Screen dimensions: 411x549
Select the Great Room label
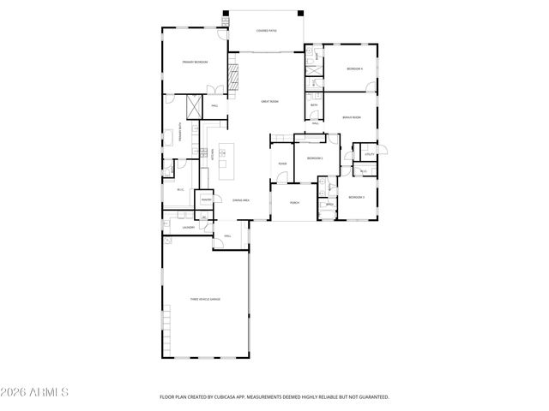pyautogui.click(x=269, y=101)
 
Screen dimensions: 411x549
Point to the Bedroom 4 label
pyautogui.click(x=354, y=68)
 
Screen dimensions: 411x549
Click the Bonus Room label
pyautogui.click(x=351, y=117)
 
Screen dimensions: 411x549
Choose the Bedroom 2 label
pyautogui.click(x=315, y=158)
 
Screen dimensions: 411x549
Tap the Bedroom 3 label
pyautogui.click(x=356, y=198)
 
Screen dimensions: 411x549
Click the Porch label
pyautogui.click(x=294, y=203)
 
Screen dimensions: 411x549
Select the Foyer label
pyautogui.click(x=281, y=163)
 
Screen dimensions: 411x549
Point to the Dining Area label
pyautogui.click(x=240, y=200)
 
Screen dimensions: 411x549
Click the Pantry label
pyautogui.click(x=206, y=200)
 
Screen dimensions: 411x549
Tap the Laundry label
pyautogui.click(x=188, y=227)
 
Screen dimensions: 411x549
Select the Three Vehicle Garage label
pyautogui.click(x=205, y=299)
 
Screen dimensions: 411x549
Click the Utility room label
pyautogui.click(x=369, y=153)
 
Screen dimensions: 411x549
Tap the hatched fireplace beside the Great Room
pyautogui.click(x=232, y=73)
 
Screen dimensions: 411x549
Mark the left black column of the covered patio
pyautogui.click(x=226, y=13)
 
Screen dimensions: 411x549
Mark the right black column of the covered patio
pyautogui.click(x=300, y=13)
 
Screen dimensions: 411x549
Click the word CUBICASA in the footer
pyautogui.click(x=222, y=397)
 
